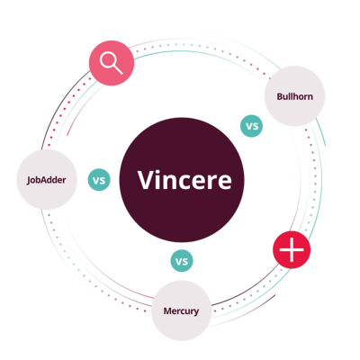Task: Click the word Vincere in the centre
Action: pos(184,180)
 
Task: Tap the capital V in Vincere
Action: pos(146,180)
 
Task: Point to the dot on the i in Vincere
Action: pos(158,172)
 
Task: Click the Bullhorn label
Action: pos(294,96)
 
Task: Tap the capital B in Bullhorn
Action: pos(280,96)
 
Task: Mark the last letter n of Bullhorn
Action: pos(310,97)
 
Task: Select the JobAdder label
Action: pos(47,180)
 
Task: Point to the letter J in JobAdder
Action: pos(29,181)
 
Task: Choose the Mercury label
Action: pos(181,311)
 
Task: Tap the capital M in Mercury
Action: pos(167,310)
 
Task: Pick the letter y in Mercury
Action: pos(196,312)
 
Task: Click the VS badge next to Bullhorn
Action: pos(252,126)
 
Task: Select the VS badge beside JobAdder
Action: pos(99,180)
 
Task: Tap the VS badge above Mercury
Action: pos(182,261)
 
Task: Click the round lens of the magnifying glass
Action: pos(108,59)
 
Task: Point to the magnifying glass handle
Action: pos(118,70)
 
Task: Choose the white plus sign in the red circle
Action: pos(292,249)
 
